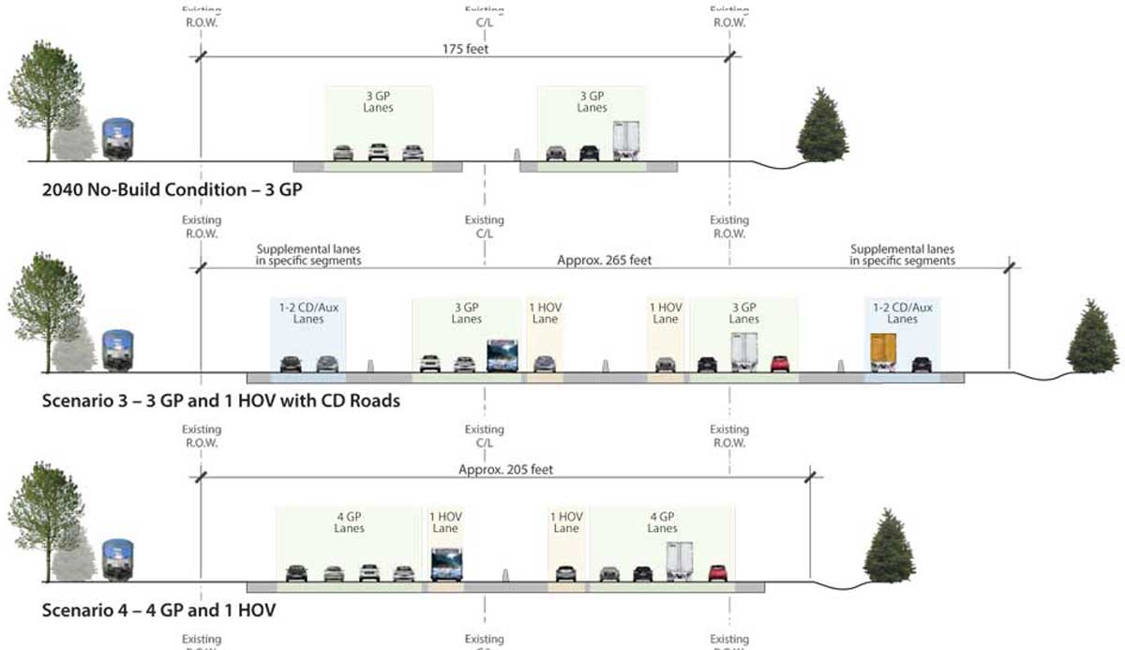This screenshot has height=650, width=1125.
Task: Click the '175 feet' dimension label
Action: point(466,49)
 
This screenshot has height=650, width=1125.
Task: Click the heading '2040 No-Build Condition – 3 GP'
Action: point(172,190)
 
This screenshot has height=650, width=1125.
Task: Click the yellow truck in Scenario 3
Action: point(882,352)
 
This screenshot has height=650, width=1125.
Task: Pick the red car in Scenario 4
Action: point(717,572)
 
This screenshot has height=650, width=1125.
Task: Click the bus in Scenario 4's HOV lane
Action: point(445,565)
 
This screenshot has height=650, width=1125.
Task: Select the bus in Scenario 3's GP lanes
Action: point(502,356)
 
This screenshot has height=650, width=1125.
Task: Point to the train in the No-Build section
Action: point(117,140)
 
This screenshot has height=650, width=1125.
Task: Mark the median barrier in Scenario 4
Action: point(505,574)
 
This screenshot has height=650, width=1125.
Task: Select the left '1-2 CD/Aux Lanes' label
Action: point(308,313)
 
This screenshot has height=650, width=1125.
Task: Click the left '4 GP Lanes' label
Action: point(349,522)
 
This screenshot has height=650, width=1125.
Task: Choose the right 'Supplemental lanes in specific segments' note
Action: point(902,255)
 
